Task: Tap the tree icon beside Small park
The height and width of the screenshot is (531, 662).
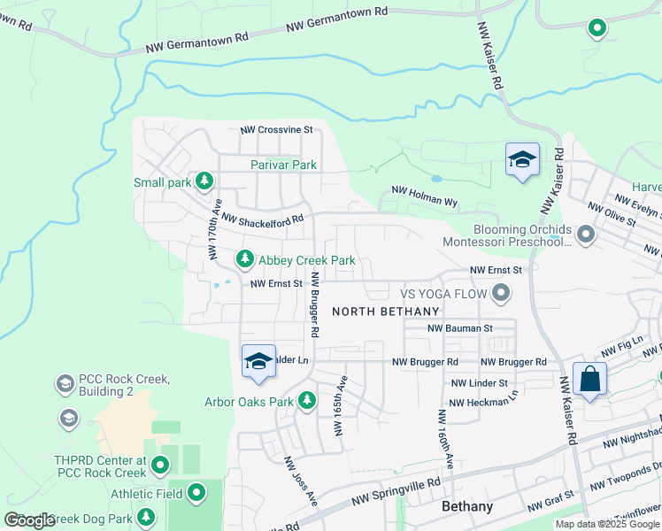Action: coord(204,181)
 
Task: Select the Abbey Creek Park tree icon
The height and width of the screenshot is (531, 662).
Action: coord(244,259)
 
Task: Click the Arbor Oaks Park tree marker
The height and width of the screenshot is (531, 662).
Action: coord(307,401)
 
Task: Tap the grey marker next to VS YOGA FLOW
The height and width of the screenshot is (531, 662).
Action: coord(501,292)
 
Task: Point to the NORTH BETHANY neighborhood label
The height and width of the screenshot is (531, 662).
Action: coord(386,312)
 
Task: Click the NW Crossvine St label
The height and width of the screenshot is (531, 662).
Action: coord(277,129)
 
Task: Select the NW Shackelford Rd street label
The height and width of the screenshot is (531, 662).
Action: coord(262,218)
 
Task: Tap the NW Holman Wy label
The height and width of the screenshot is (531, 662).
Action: coord(424,196)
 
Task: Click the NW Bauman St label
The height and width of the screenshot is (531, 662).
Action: coord(459,328)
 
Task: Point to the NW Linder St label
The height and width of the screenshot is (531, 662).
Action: coord(479,383)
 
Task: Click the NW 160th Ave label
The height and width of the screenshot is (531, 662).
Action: coord(445,438)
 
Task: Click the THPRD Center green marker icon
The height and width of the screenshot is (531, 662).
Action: coord(160,464)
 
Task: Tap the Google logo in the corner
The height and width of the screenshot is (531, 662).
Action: coord(29,520)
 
